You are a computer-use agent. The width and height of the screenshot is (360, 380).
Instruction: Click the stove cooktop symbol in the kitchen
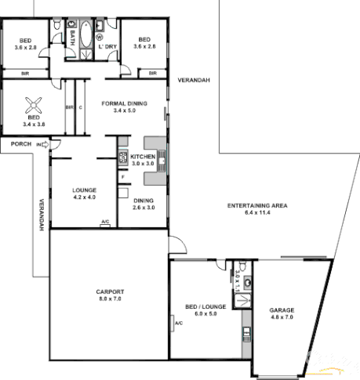point(123,157)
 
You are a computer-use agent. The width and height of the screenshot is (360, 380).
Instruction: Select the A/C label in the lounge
point(105,223)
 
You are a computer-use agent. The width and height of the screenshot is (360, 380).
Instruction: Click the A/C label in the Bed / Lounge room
point(179,323)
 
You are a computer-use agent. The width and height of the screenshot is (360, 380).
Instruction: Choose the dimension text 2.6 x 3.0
point(143,208)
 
